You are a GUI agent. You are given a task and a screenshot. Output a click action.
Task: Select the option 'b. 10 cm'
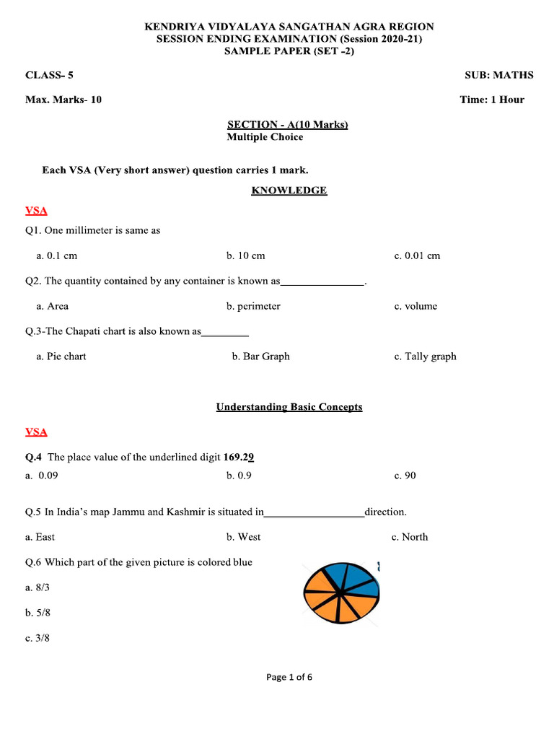[245, 255]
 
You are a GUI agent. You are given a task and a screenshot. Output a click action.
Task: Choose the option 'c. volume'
[415, 306]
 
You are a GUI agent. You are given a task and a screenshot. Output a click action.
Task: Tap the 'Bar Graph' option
[260, 357]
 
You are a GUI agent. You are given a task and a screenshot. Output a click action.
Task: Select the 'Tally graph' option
[425, 357]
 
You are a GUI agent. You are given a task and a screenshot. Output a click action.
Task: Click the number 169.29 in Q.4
[239, 457]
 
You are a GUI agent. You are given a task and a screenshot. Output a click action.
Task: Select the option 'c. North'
[409, 537]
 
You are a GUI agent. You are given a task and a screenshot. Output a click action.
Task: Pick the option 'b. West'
[243, 537]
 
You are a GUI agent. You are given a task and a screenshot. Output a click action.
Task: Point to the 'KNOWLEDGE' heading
[289, 191]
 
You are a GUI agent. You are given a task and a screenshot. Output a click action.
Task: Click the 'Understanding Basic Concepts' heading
[289, 407]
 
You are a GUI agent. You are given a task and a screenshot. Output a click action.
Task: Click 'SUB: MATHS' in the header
[499, 75]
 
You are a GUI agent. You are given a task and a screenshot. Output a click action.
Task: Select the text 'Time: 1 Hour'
[492, 100]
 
